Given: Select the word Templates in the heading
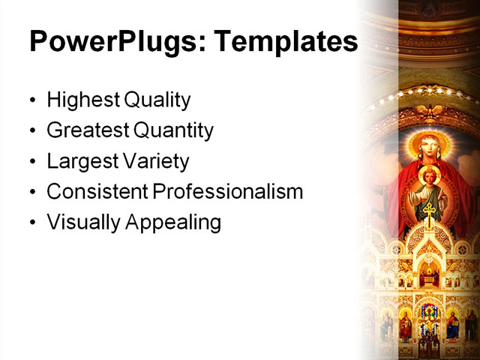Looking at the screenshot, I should (286, 42).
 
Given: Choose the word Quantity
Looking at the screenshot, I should (173, 130).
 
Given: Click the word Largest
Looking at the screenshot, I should (80, 161).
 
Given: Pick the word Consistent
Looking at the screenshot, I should (97, 192).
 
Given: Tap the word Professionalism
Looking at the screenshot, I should (228, 192).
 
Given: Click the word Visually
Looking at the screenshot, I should (79, 223).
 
